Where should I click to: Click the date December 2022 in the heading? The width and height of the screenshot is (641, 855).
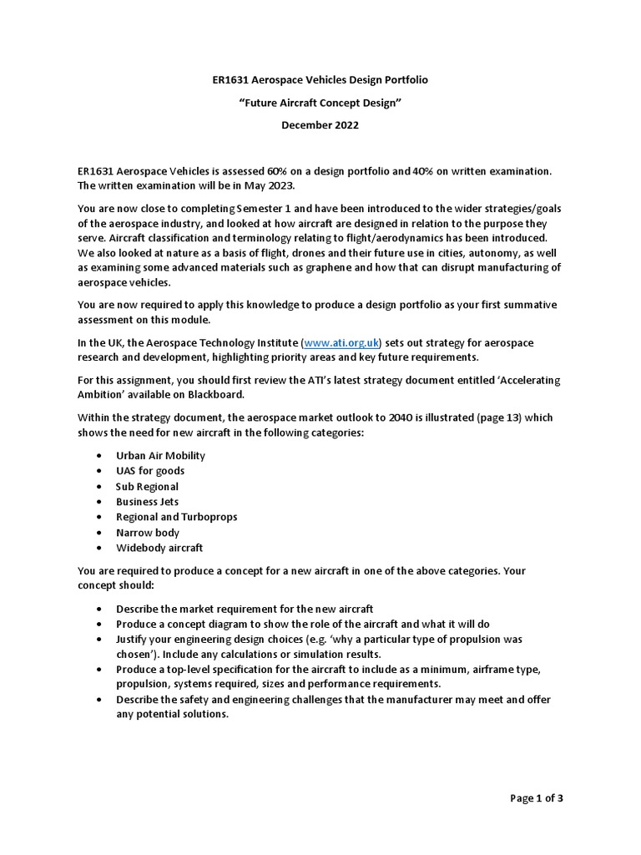[x=320, y=125]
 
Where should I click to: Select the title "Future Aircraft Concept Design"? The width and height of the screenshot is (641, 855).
[x=320, y=103]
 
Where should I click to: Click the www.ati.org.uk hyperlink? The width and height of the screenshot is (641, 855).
[x=342, y=343]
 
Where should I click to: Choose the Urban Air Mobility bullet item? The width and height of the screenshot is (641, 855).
[x=160, y=456]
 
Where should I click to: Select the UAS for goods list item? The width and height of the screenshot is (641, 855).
[x=150, y=471]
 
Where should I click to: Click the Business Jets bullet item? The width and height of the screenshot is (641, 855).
[x=148, y=502]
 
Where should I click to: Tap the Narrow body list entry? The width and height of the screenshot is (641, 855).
[x=147, y=533]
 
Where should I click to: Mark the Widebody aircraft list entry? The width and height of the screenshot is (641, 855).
[x=159, y=548]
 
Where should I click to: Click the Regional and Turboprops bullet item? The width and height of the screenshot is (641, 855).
[x=176, y=517]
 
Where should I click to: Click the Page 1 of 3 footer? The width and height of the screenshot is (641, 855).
[x=537, y=798]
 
